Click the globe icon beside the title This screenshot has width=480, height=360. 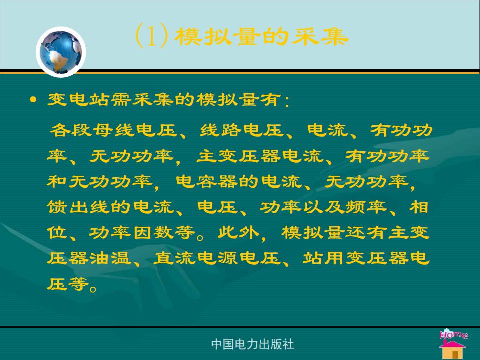[61, 52]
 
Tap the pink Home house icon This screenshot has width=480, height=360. [453, 343]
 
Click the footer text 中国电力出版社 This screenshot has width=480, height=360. [252, 344]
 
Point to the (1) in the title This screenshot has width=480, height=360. [152, 36]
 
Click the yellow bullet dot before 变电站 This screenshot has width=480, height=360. [33, 100]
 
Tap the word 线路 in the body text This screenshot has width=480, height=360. [221, 130]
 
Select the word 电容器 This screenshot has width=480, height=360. [207, 182]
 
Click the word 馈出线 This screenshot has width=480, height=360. [78, 207]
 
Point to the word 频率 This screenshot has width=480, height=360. [366, 207]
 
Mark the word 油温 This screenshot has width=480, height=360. [110, 258]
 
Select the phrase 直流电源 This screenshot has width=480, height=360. [196, 258]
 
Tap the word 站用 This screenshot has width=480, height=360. [324, 258]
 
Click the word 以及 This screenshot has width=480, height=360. [323, 207]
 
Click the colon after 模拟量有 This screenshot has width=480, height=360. [287, 101]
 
